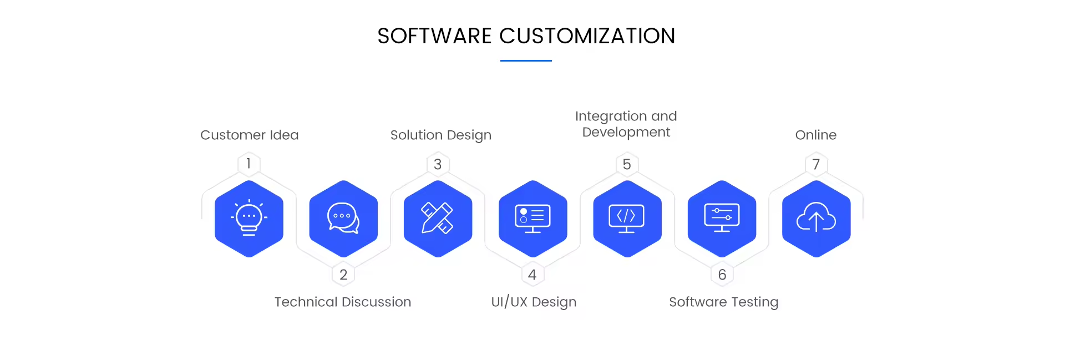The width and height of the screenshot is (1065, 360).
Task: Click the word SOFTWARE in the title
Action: [x=434, y=36]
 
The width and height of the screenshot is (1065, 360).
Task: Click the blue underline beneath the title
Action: [x=526, y=60]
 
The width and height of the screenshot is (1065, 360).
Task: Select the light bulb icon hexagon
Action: [x=249, y=219]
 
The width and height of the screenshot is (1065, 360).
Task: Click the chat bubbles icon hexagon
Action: [x=343, y=219]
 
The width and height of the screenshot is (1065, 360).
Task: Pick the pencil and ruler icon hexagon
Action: [x=438, y=219]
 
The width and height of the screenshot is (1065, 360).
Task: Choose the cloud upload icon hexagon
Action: [x=816, y=219]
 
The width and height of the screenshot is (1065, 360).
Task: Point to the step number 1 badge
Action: [x=248, y=164]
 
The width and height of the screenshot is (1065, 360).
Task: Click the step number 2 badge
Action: [x=343, y=275]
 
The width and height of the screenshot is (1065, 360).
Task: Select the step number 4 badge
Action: [x=532, y=275]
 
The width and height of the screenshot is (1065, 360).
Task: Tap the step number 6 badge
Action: [x=722, y=275]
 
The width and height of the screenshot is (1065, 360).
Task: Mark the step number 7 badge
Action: [x=816, y=164]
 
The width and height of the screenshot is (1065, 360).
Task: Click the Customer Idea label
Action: [x=249, y=135]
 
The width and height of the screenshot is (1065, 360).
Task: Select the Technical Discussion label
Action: [x=343, y=302]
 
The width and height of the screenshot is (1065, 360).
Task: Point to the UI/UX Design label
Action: [x=534, y=302]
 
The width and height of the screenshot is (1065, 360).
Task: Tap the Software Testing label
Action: [x=723, y=302]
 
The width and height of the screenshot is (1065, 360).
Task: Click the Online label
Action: [x=815, y=135]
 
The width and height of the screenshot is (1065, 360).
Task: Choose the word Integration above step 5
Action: [x=610, y=116]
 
